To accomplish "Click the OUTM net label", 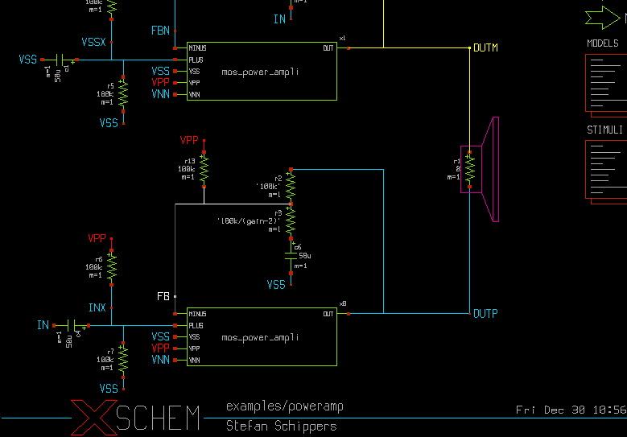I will (x=485, y=48).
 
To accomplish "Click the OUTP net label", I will (x=485, y=314).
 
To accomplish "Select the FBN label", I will (x=160, y=30).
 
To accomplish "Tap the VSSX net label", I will (x=93, y=42).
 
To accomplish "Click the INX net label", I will (x=97, y=307).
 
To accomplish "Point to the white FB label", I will (x=163, y=297).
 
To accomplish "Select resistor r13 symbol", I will (x=204, y=169).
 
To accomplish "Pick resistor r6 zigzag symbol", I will (x=112, y=266).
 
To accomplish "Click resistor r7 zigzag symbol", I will (x=124, y=360).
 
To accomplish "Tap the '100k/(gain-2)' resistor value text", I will (x=249, y=221).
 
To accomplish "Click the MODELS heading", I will (x=603, y=43).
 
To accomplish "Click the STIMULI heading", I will (x=604, y=130).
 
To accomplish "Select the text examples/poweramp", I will (x=284, y=406).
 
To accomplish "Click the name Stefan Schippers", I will (x=281, y=425).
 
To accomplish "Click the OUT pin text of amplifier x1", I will (x=328, y=48).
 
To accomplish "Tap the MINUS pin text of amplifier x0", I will (x=198, y=314).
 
